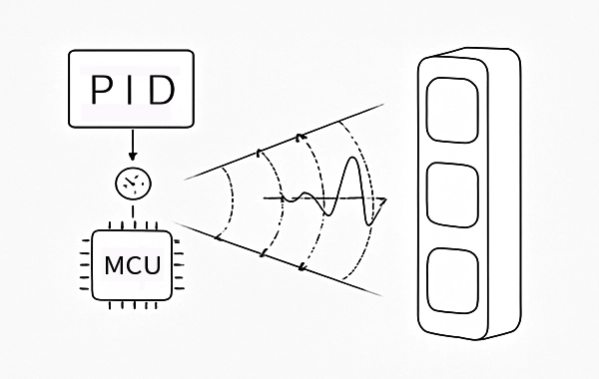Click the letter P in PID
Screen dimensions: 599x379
click(x=101, y=90)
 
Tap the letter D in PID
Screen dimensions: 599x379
click(x=163, y=90)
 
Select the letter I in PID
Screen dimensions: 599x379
click(x=131, y=90)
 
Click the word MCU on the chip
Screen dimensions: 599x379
click(x=133, y=265)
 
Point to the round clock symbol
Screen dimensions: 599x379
click(x=133, y=184)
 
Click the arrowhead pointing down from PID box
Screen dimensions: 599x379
click(x=133, y=157)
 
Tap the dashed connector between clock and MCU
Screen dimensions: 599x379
click(x=133, y=212)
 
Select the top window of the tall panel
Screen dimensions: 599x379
click(x=452, y=111)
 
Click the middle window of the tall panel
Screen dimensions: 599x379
click(x=452, y=195)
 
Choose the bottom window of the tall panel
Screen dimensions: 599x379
click(x=452, y=280)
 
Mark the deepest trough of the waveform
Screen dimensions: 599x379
click(x=369, y=224)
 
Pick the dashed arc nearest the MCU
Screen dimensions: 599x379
click(x=231, y=201)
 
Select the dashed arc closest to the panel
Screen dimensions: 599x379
click(x=366, y=198)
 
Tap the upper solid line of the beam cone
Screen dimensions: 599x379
click(x=284, y=142)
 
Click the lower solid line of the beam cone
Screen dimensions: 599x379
click(x=279, y=258)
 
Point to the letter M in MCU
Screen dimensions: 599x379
click(x=114, y=265)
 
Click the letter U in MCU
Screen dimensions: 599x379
click(x=153, y=265)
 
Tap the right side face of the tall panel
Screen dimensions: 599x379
click(x=505, y=192)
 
